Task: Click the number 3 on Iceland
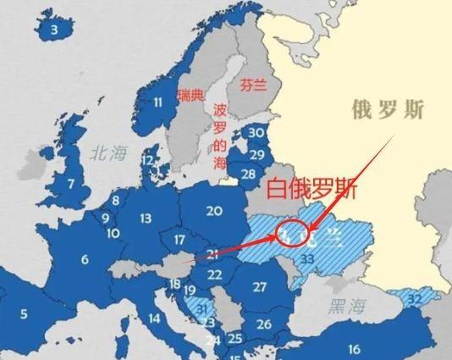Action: tap(55, 30)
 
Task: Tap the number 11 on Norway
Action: tap(157, 102)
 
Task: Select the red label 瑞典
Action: tap(190, 96)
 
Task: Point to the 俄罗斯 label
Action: tap(389, 109)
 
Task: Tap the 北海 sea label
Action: tap(108, 152)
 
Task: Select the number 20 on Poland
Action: tap(214, 211)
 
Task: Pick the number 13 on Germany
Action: tap(146, 219)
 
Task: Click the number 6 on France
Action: tap(85, 260)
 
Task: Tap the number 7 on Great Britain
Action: tap(71, 183)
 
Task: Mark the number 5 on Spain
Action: tap(24, 314)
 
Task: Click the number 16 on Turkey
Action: tap(354, 348)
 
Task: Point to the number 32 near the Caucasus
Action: tap(415, 298)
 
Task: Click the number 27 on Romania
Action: tap(260, 287)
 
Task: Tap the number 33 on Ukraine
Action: tap(307, 258)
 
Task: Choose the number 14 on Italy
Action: tap(155, 318)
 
